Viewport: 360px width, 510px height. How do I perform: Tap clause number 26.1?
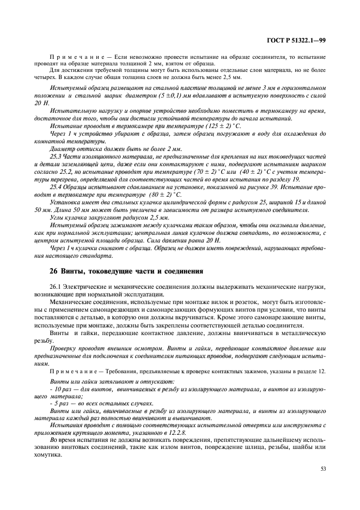(x=56, y=286)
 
